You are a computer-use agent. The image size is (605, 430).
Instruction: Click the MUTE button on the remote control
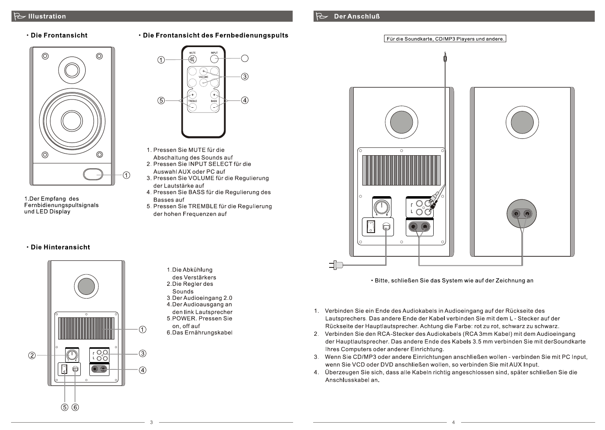pyautogui.click(x=192, y=59)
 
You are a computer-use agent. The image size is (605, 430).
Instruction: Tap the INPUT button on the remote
pyautogui.click(x=214, y=59)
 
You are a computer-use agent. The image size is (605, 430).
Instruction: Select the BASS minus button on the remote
pyautogui.click(x=214, y=107)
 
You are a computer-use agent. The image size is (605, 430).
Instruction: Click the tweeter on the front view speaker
pyautogui.click(x=71, y=68)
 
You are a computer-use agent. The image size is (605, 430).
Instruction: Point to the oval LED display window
pyautogui.click(x=93, y=174)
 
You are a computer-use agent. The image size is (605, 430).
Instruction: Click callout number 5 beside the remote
pyautogui.click(x=161, y=100)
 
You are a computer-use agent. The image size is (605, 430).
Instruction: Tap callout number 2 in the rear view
pyautogui.click(x=32, y=355)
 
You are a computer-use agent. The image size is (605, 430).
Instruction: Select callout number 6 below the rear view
pyautogui.click(x=75, y=407)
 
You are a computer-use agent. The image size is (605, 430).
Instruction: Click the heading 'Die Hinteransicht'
pyautogui.click(x=60, y=247)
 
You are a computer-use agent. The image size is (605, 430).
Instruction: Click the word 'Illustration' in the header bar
pyautogui.click(x=47, y=16)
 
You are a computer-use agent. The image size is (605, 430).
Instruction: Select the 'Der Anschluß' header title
pyautogui.click(x=357, y=16)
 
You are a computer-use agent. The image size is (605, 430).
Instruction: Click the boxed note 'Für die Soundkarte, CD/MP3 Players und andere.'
pyautogui.click(x=445, y=39)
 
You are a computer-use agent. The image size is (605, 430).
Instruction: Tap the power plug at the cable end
pyautogui.click(x=336, y=265)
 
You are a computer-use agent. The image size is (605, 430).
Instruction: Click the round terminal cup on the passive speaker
pyautogui.click(x=522, y=214)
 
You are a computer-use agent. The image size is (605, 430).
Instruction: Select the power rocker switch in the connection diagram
pyautogui.click(x=371, y=226)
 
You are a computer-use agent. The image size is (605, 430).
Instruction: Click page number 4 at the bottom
pyautogui.click(x=453, y=422)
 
